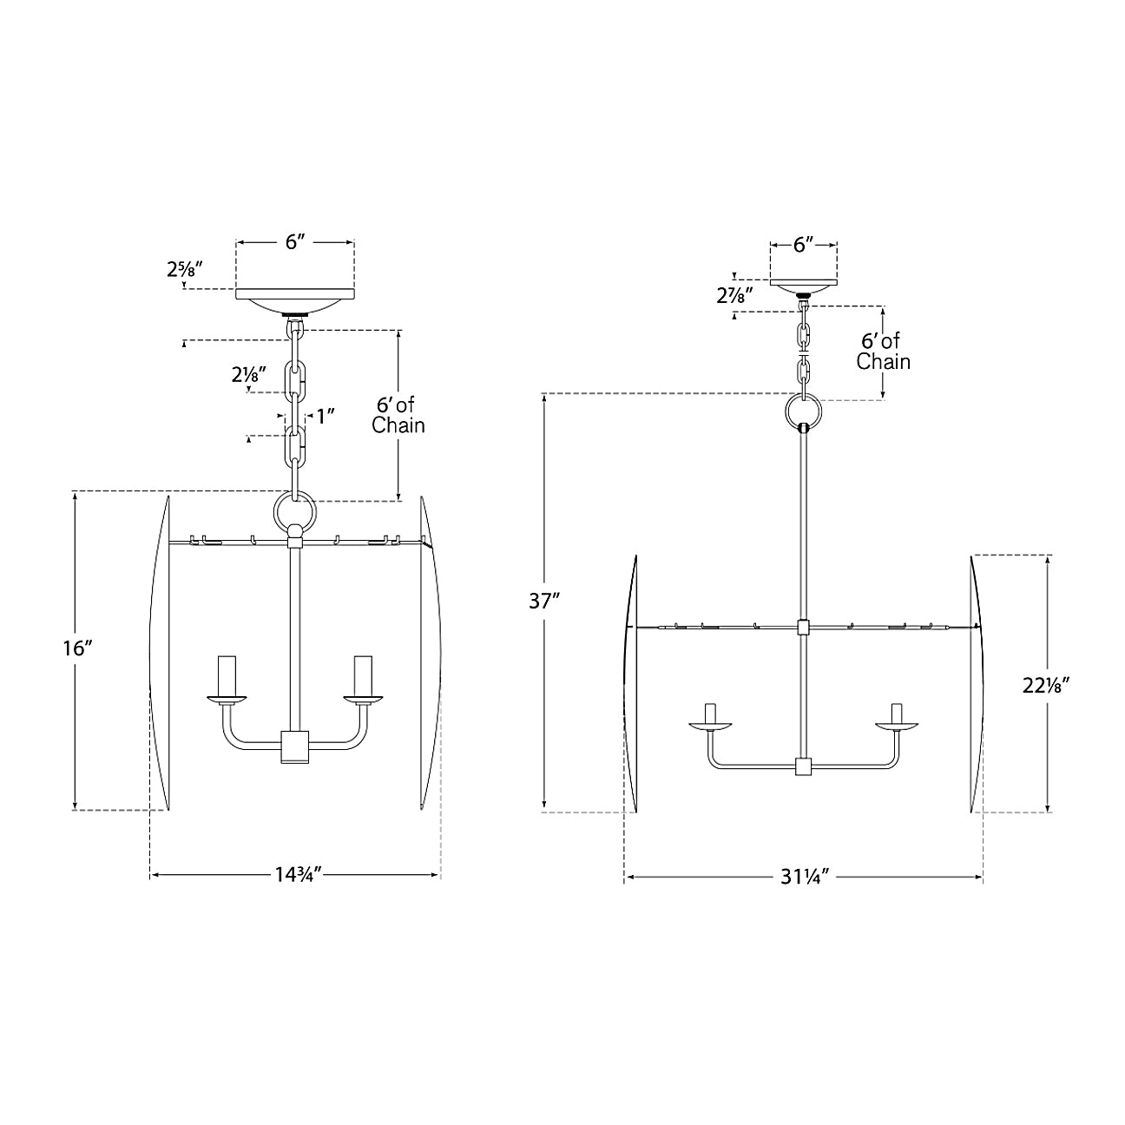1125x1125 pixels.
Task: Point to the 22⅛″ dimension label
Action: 1045,686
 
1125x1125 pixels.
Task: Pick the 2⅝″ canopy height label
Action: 185,269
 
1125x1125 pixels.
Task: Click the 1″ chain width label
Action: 326,417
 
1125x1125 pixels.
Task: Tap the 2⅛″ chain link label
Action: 249,374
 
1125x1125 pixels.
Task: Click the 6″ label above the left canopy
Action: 295,242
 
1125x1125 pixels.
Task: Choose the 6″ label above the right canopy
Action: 803,245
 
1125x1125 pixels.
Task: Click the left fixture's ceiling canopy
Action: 295,300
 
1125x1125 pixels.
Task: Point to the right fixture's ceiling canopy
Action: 804,288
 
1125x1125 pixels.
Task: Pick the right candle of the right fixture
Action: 897,713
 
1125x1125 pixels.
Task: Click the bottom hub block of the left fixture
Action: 295,747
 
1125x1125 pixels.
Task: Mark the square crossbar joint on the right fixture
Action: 803,628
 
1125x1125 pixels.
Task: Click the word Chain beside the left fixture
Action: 398,425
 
